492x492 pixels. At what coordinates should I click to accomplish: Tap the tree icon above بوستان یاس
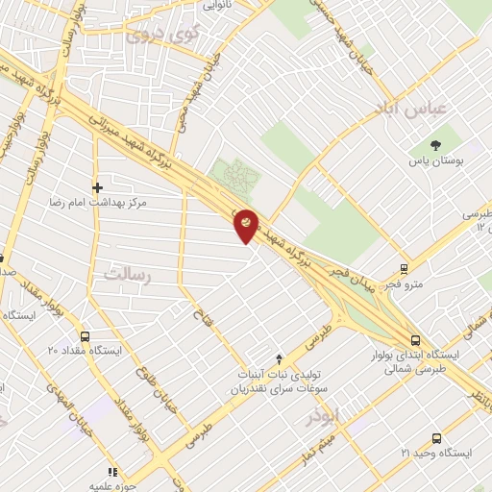(x=436, y=145)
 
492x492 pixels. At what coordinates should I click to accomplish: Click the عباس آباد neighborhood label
(x=414, y=108)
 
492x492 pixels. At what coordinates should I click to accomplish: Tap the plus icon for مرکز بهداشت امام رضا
(x=96, y=187)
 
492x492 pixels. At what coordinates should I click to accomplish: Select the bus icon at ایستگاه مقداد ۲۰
(x=86, y=337)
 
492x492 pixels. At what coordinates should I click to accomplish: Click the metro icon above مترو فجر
(x=404, y=269)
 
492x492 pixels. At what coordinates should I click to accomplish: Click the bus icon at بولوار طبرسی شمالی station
(x=415, y=340)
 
